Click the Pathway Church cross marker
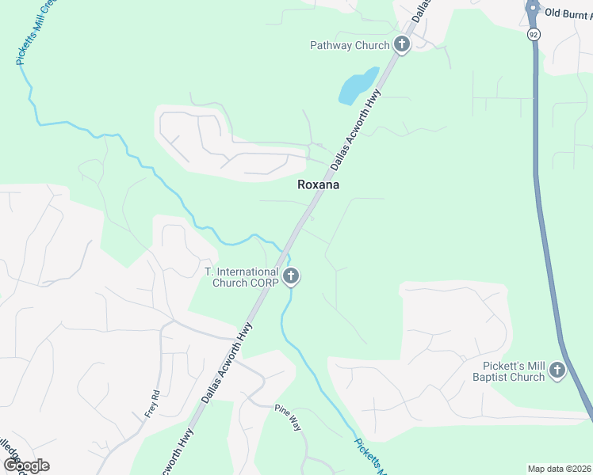[x=402, y=44]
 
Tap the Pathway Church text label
[x=350, y=45]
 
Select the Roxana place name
[x=318, y=184]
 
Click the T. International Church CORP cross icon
[x=291, y=276]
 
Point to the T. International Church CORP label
[x=241, y=277]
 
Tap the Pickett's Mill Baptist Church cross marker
[x=557, y=370]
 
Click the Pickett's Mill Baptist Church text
[x=513, y=371]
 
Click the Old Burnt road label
[x=568, y=13]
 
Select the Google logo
[x=26, y=465]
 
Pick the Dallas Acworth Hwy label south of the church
[x=228, y=362]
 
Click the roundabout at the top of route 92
[x=532, y=9]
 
